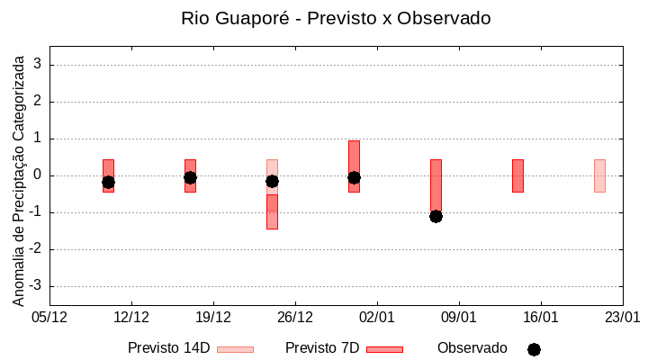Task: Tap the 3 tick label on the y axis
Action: coord(38,65)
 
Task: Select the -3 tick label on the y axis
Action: coord(35,286)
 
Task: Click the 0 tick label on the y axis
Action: coord(38,175)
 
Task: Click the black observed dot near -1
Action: coord(436,216)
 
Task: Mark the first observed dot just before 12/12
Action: coord(108,182)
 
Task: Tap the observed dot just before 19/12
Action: coord(190,177)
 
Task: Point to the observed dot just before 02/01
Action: coord(354,177)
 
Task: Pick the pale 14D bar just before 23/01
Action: coord(599,175)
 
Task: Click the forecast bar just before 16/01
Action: coord(517,175)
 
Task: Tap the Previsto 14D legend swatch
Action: coord(235,349)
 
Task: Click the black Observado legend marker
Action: coord(534,349)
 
